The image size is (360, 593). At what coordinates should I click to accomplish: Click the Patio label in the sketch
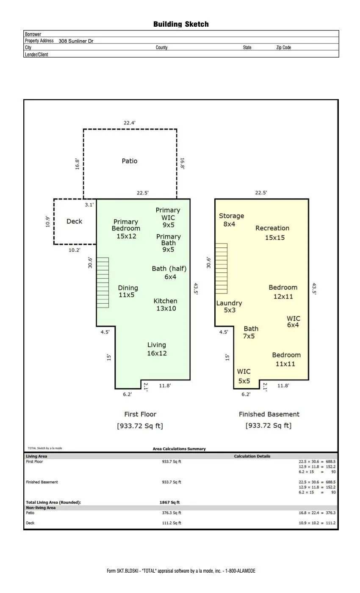pyautogui.click(x=130, y=161)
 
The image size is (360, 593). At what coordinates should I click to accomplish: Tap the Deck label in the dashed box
pyautogui.click(x=74, y=221)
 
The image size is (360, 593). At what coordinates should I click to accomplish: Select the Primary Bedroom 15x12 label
pyautogui.click(x=126, y=229)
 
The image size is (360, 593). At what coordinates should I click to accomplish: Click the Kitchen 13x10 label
pyautogui.click(x=166, y=305)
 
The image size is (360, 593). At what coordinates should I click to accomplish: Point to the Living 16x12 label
pyautogui.click(x=157, y=349)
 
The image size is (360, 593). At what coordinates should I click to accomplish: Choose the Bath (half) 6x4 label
pyautogui.click(x=169, y=273)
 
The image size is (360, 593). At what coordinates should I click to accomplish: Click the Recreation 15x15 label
pyautogui.click(x=272, y=233)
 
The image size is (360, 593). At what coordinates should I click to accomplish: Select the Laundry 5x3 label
pyautogui.click(x=229, y=307)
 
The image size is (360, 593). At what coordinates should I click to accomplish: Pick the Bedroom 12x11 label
pyautogui.click(x=283, y=292)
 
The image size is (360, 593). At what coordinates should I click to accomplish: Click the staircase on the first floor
pyautogui.click(x=102, y=283)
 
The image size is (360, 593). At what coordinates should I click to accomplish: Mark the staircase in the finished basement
pyautogui.click(x=221, y=269)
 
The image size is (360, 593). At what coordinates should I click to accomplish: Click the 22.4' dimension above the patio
pyautogui.click(x=130, y=123)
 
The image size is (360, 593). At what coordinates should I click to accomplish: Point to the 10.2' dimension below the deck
pyautogui.click(x=75, y=250)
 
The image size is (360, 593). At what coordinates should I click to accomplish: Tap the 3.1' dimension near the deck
pyautogui.click(x=89, y=205)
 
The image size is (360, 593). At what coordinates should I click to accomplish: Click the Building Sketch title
pyautogui.click(x=181, y=25)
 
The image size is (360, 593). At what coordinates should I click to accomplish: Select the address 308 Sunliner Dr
pyautogui.click(x=76, y=41)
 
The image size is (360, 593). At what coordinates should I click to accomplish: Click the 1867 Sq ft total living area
pyautogui.click(x=170, y=502)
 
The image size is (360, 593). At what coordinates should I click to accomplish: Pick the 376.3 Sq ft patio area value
pyautogui.click(x=172, y=513)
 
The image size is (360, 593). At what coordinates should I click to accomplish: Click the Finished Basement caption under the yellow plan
pyautogui.click(x=269, y=414)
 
